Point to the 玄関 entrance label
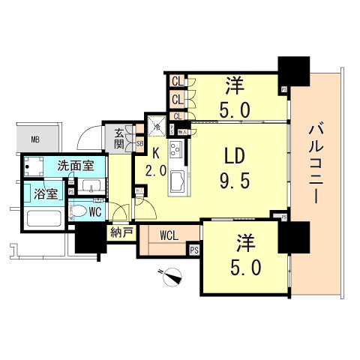[120, 138]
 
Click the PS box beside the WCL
[193, 250]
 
